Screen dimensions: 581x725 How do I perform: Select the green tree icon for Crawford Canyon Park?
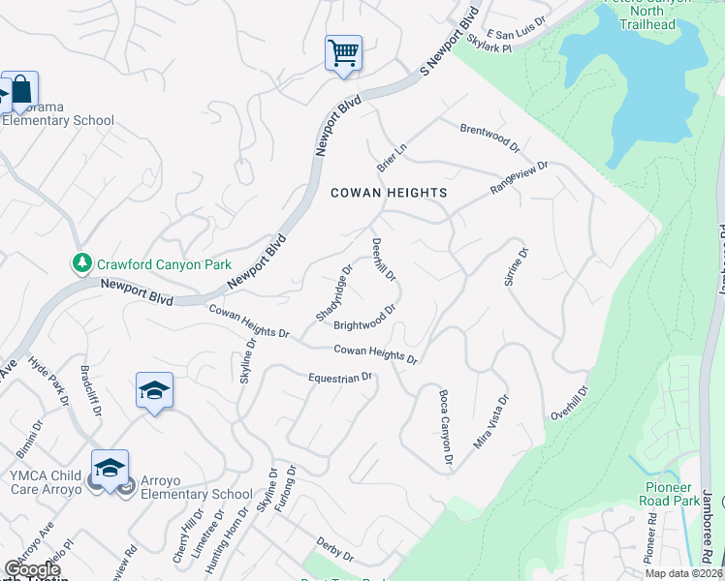[x=81, y=263]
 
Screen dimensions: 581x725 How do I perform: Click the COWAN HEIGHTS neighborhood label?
[x=389, y=193]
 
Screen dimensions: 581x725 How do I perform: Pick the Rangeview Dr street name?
[x=520, y=177]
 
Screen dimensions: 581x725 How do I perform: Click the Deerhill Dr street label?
[x=385, y=260]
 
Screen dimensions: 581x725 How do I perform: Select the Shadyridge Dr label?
[x=333, y=291]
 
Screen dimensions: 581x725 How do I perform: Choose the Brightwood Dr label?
[x=366, y=319]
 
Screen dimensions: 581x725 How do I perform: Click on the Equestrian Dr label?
[x=340, y=377]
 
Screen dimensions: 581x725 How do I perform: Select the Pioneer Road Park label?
[x=666, y=494]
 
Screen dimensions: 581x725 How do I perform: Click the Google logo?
[x=32, y=569]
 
